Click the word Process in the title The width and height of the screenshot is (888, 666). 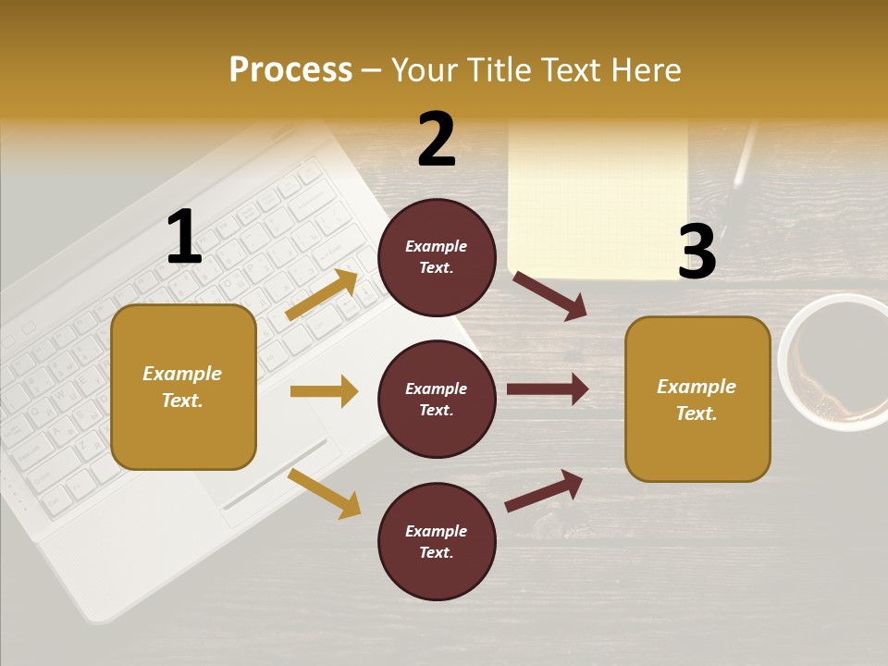(290, 70)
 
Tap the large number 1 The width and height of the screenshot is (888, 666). (183, 238)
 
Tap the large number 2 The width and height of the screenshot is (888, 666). (437, 140)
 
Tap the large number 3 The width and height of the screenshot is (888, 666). (697, 252)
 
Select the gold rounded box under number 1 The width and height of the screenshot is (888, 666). (183, 387)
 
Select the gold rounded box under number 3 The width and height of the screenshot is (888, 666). (697, 400)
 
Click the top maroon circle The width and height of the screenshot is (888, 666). (437, 257)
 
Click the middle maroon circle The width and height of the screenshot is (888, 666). (437, 400)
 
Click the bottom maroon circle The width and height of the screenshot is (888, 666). (437, 542)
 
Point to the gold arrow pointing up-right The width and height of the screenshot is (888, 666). (322, 294)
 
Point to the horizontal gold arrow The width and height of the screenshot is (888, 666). (324, 391)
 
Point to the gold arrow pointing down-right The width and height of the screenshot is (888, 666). (325, 493)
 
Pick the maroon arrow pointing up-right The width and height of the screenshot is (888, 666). (544, 490)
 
